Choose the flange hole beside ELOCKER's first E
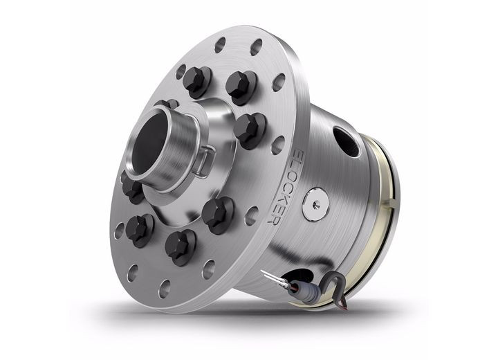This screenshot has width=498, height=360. [x=277, y=145]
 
